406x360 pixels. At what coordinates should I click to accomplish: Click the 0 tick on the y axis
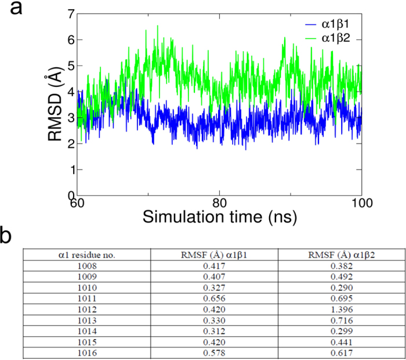coord(70,196)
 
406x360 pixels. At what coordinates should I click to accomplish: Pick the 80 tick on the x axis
coord(219,204)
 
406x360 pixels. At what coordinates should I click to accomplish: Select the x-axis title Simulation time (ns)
coord(219,219)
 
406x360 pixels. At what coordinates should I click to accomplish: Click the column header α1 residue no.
coord(86,254)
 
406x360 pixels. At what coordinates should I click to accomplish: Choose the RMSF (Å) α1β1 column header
coord(214,254)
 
